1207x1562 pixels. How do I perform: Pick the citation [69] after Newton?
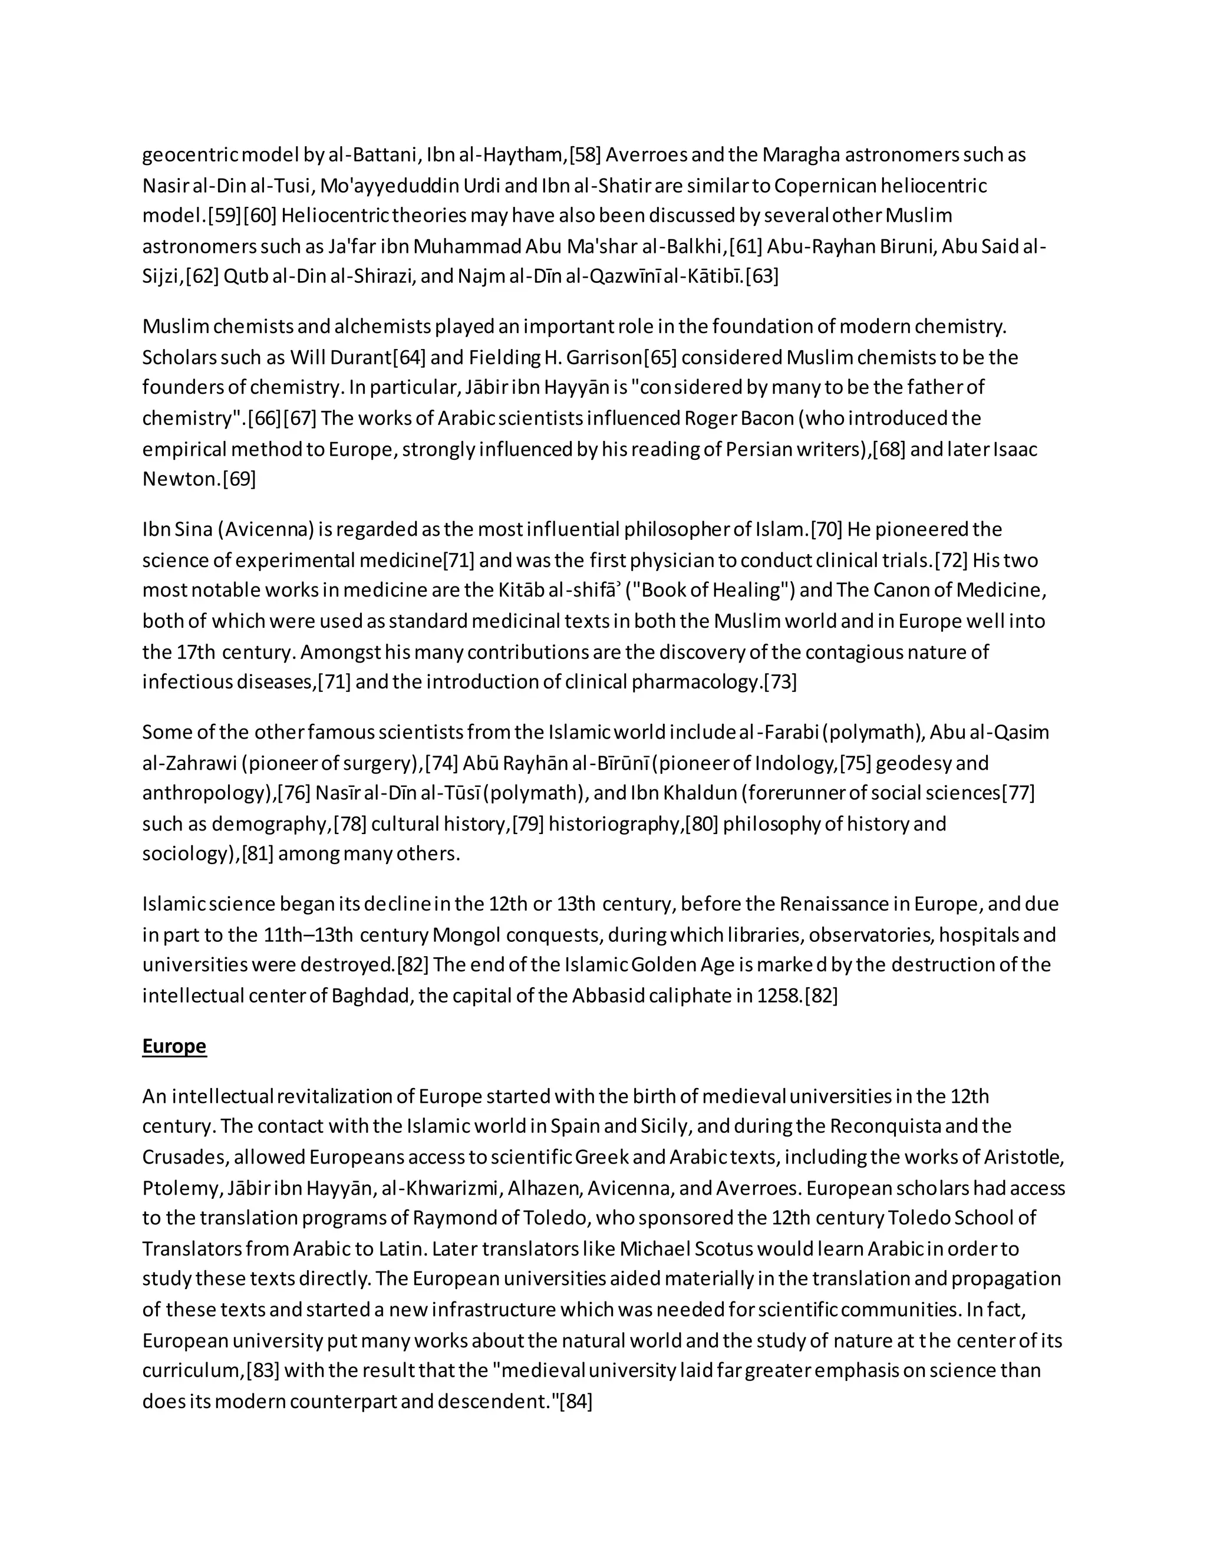click(239, 479)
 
